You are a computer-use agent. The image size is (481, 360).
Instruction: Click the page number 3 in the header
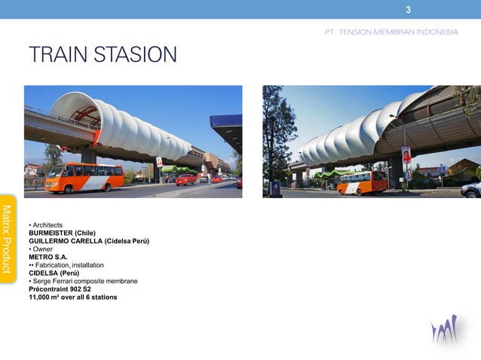[x=408, y=10]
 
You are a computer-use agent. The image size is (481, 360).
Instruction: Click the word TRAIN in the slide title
[x=57, y=55]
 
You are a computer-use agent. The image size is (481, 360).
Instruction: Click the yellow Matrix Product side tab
[x=8, y=239]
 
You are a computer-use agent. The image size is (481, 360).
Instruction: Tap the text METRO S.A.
[x=48, y=257]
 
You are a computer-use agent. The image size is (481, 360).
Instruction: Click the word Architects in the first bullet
[x=47, y=225]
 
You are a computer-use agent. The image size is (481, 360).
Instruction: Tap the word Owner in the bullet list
[x=41, y=249]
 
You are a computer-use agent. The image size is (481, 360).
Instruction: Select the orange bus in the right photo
[x=363, y=182]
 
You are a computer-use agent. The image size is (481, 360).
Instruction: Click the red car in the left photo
[x=185, y=179]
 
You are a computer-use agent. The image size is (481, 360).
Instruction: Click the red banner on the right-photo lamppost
[x=406, y=155]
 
